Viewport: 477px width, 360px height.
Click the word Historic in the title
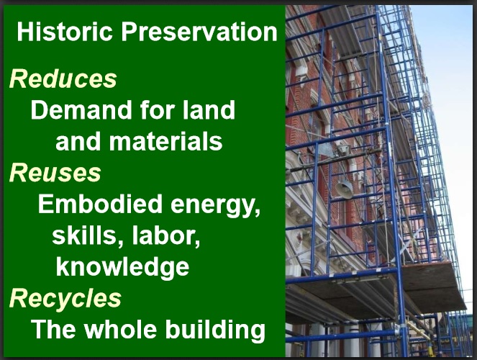(65, 32)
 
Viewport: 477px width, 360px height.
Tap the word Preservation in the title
(199, 32)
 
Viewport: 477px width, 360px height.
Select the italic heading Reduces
(63, 79)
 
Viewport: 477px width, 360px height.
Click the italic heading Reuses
(55, 173)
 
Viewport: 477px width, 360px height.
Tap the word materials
(165, 141)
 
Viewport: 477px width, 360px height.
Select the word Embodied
(100, 204)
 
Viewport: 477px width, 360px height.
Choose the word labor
(166, 235)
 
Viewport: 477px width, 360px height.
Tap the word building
(215, 330)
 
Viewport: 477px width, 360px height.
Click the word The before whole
(53, 329)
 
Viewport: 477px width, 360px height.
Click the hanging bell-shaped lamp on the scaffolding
(344, 189)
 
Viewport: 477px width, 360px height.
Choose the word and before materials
(78, 141)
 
